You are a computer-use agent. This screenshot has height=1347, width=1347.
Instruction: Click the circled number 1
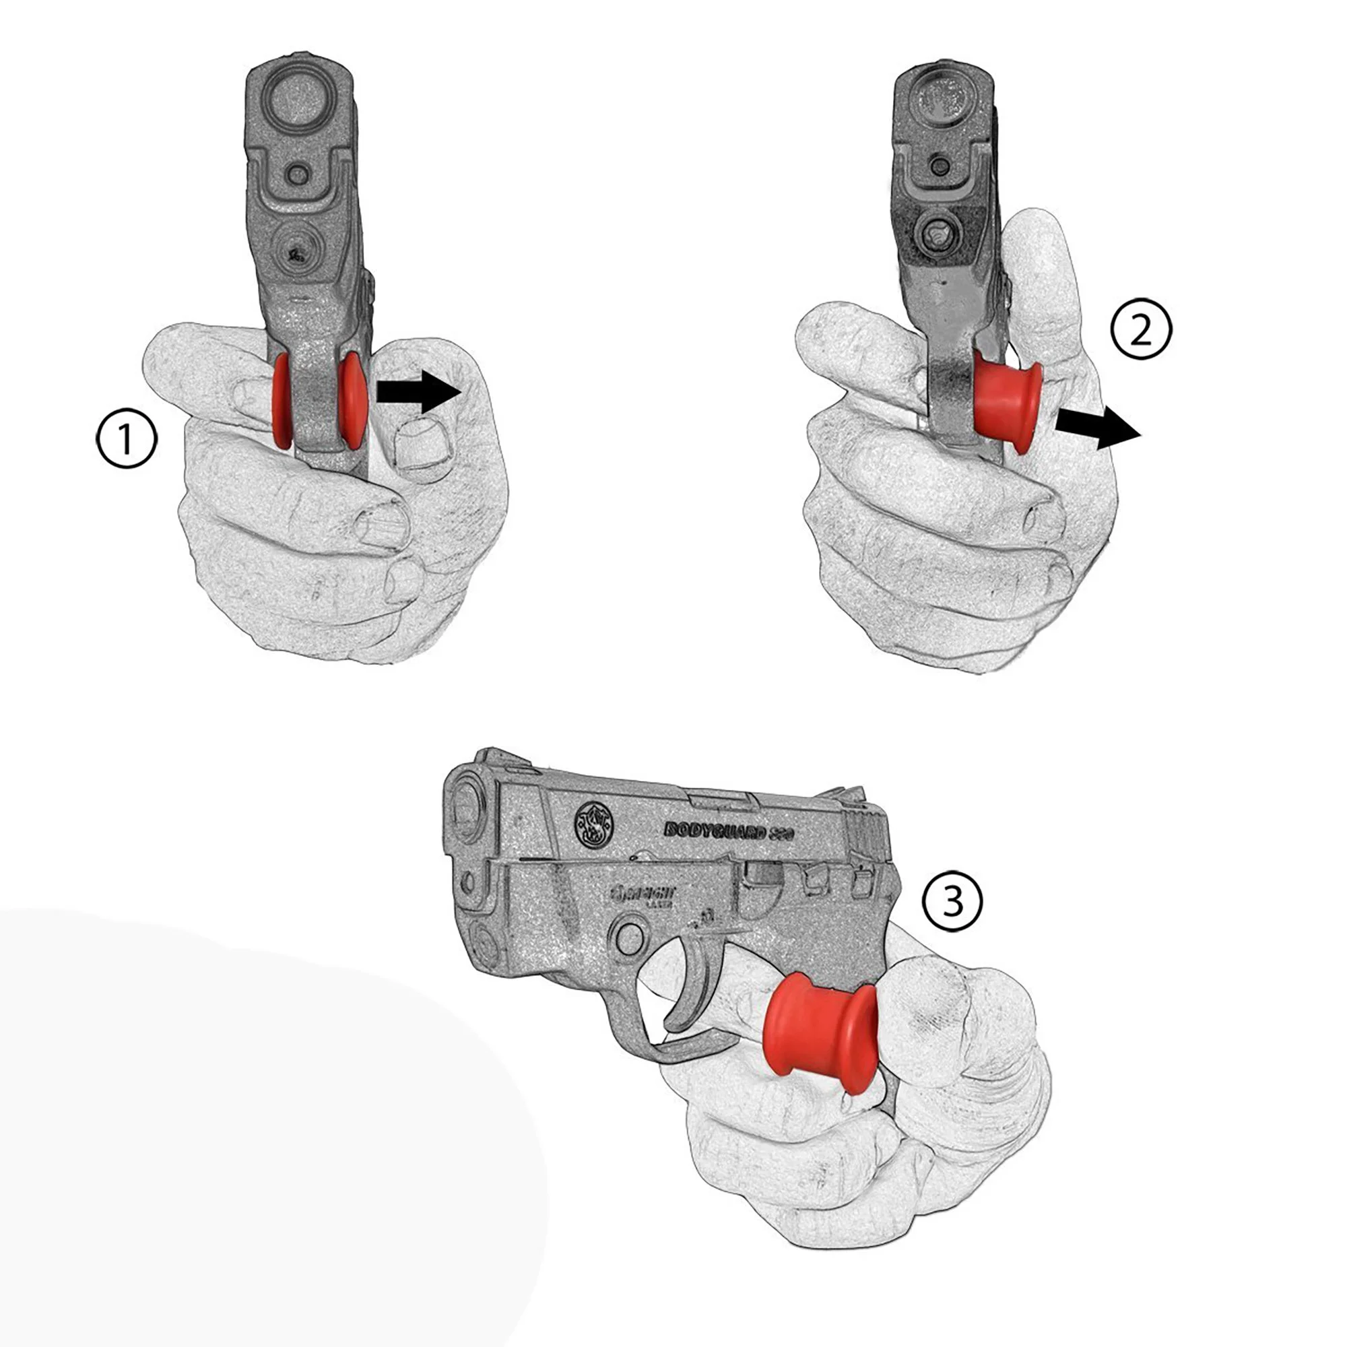pos(126,438)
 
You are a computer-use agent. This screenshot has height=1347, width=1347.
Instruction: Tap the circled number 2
pos(1141,333)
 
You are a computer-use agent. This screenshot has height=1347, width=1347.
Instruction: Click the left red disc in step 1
pos(282,401)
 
